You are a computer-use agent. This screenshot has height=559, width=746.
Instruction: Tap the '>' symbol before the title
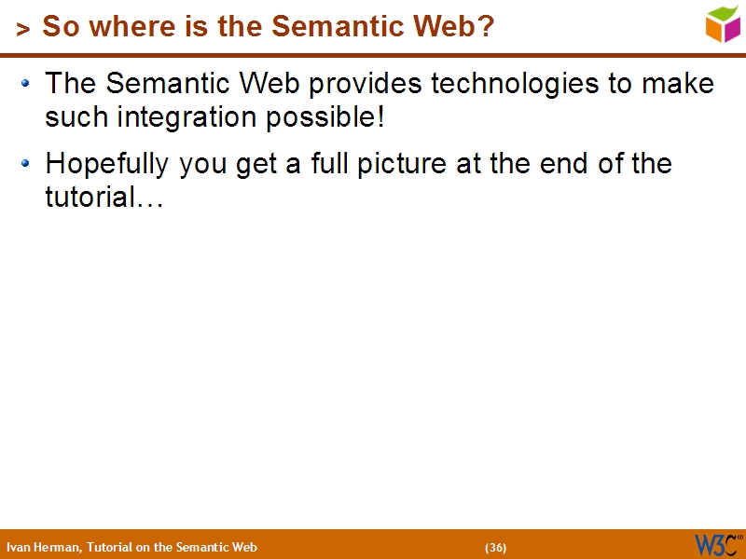(x=23, y=30)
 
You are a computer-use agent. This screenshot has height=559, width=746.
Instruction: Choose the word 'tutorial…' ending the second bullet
(x=104, y=198)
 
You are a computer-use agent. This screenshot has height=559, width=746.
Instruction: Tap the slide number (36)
(x=495, y=547)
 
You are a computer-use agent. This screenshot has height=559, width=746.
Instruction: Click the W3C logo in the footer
(x=716, y=544)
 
